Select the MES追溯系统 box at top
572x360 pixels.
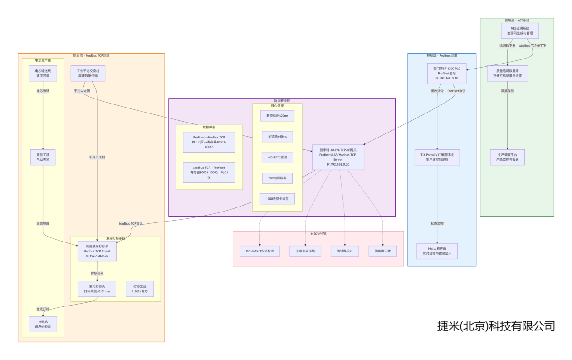point(517,31)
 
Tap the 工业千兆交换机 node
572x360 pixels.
point(88,74)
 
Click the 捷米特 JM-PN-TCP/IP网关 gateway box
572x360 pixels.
point(338,157)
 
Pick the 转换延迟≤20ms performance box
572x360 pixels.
point(277,116)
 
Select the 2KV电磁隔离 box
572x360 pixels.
point(277,178)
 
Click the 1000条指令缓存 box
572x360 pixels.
point(277,199)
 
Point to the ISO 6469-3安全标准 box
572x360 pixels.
point(259,251)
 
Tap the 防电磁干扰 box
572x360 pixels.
point(382,251)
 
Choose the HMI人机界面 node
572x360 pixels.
point(437,251)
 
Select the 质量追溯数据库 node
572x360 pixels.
point(508,73)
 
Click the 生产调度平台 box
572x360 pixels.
point(508,157)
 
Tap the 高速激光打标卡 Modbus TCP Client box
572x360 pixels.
point(97,251)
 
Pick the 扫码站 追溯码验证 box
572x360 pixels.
point(43,324)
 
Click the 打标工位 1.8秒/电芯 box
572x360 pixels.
point(140,289)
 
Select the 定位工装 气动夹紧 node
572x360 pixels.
point(43,157)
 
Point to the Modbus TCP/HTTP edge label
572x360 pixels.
point(532,46)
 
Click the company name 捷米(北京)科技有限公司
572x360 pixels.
point(496,326)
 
